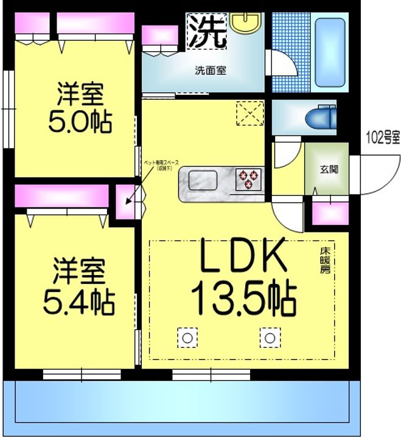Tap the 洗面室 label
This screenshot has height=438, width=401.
[210, 70]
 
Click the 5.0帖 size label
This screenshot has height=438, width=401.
[80, 122]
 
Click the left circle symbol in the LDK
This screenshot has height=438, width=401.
[187, 337]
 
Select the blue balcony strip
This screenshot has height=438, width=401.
[183, 405]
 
